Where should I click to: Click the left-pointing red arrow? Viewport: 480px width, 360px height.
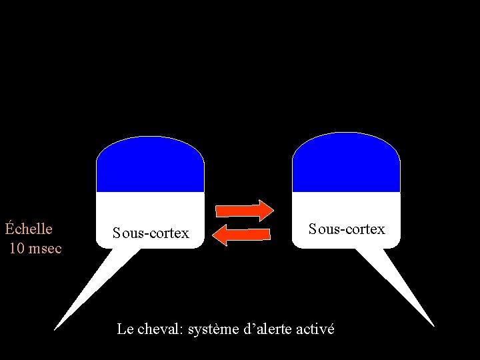pos(244,234)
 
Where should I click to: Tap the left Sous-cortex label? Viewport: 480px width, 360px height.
pos(151,233)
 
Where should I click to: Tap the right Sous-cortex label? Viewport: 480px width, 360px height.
pos(347,229)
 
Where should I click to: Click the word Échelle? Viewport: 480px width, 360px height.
pos(29,229)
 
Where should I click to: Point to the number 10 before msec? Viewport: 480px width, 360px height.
pos(19,249)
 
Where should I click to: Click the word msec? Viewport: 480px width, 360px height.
pos(46,249)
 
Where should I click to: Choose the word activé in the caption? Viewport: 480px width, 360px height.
pos(315,329)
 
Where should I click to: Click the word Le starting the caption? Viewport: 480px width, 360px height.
pos(124,329)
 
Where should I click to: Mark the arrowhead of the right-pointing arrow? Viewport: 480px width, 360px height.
pos(266,210)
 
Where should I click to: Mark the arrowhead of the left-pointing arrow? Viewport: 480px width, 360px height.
pos(222,234)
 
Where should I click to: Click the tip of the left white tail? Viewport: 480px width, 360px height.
pos(55,329)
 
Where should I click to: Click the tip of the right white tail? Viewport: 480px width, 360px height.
pos(433,325)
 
